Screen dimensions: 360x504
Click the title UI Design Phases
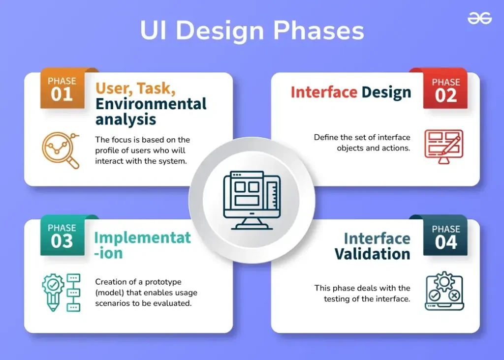point(252,30)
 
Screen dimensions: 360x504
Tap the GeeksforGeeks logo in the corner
point(479,18)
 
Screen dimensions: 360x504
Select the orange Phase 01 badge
point(62,89)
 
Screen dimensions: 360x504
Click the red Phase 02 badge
point(445,90)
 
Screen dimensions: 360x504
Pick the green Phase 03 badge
point(62,236)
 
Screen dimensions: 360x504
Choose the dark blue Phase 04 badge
point(445,237)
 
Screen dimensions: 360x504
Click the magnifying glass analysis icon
point(61,150)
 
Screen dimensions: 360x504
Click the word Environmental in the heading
point(151,104)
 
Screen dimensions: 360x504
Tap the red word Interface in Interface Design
point(323,92)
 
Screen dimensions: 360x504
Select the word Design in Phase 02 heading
point(386,92)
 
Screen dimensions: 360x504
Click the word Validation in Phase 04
point(372,254)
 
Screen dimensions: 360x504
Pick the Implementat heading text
point(142,238)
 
